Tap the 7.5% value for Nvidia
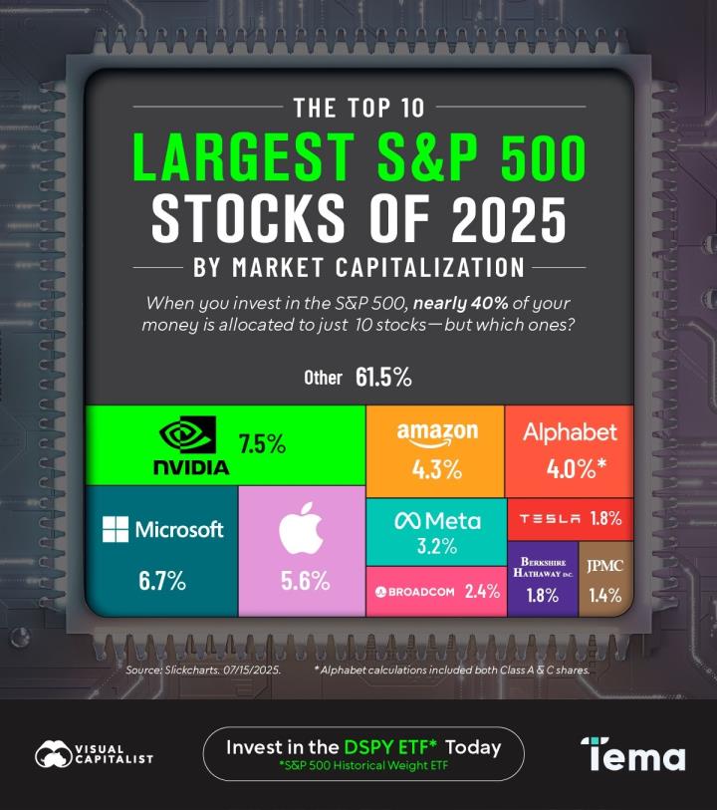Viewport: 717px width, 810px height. point(262,444)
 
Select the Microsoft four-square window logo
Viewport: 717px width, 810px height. point(116,529)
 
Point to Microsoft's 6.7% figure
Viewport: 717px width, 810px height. point(161,581)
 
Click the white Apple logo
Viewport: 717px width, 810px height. point(300,527)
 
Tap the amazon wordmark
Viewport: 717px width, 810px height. point(437,433)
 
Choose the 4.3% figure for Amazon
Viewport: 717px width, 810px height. point(437,470)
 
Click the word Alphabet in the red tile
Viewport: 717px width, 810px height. point(570,432)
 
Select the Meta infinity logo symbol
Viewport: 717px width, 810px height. point(404,521)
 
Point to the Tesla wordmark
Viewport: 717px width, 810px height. point(550,518)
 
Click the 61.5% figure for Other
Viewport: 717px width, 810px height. point(382,378)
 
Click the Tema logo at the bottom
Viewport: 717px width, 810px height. point(633,754)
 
